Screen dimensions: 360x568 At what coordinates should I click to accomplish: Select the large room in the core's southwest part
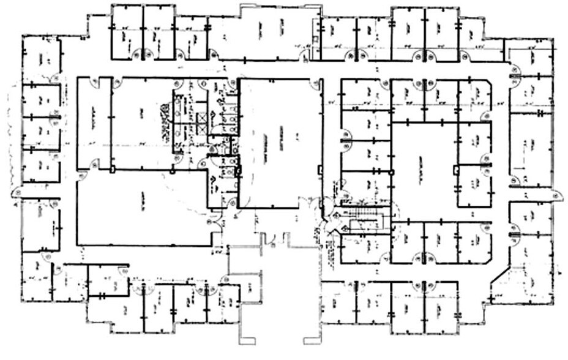point(141,208)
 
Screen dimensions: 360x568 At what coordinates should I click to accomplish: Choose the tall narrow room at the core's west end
point(94,122)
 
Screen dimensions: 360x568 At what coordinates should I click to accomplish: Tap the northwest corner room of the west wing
point(41,58)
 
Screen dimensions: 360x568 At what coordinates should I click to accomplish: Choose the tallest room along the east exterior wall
point(531,147)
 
